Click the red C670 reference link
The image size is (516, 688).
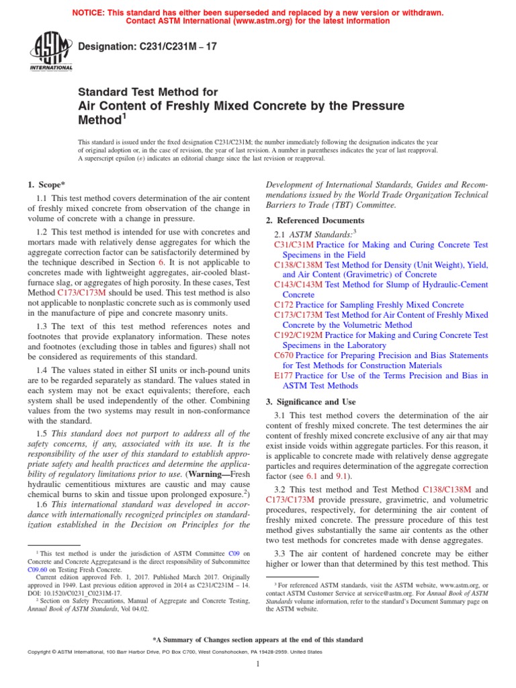[284, 355]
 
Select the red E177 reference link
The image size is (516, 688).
[284, 376]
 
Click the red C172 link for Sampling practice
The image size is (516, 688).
[284, 305]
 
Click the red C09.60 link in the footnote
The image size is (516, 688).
[38, 568]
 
